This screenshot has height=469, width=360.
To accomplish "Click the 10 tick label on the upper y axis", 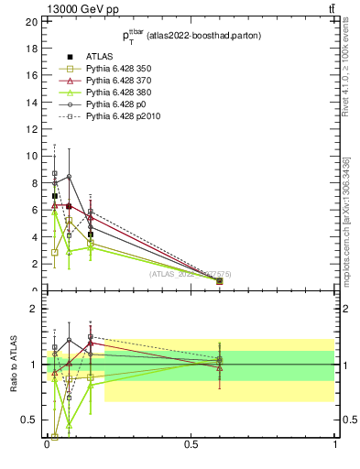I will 31,156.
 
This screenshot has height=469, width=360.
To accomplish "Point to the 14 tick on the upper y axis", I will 31,102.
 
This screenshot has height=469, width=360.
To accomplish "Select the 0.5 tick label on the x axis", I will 191,444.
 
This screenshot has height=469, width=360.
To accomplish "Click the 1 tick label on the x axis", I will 334,444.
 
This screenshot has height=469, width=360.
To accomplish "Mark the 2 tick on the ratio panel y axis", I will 34,309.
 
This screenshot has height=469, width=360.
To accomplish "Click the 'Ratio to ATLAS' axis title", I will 13,364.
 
